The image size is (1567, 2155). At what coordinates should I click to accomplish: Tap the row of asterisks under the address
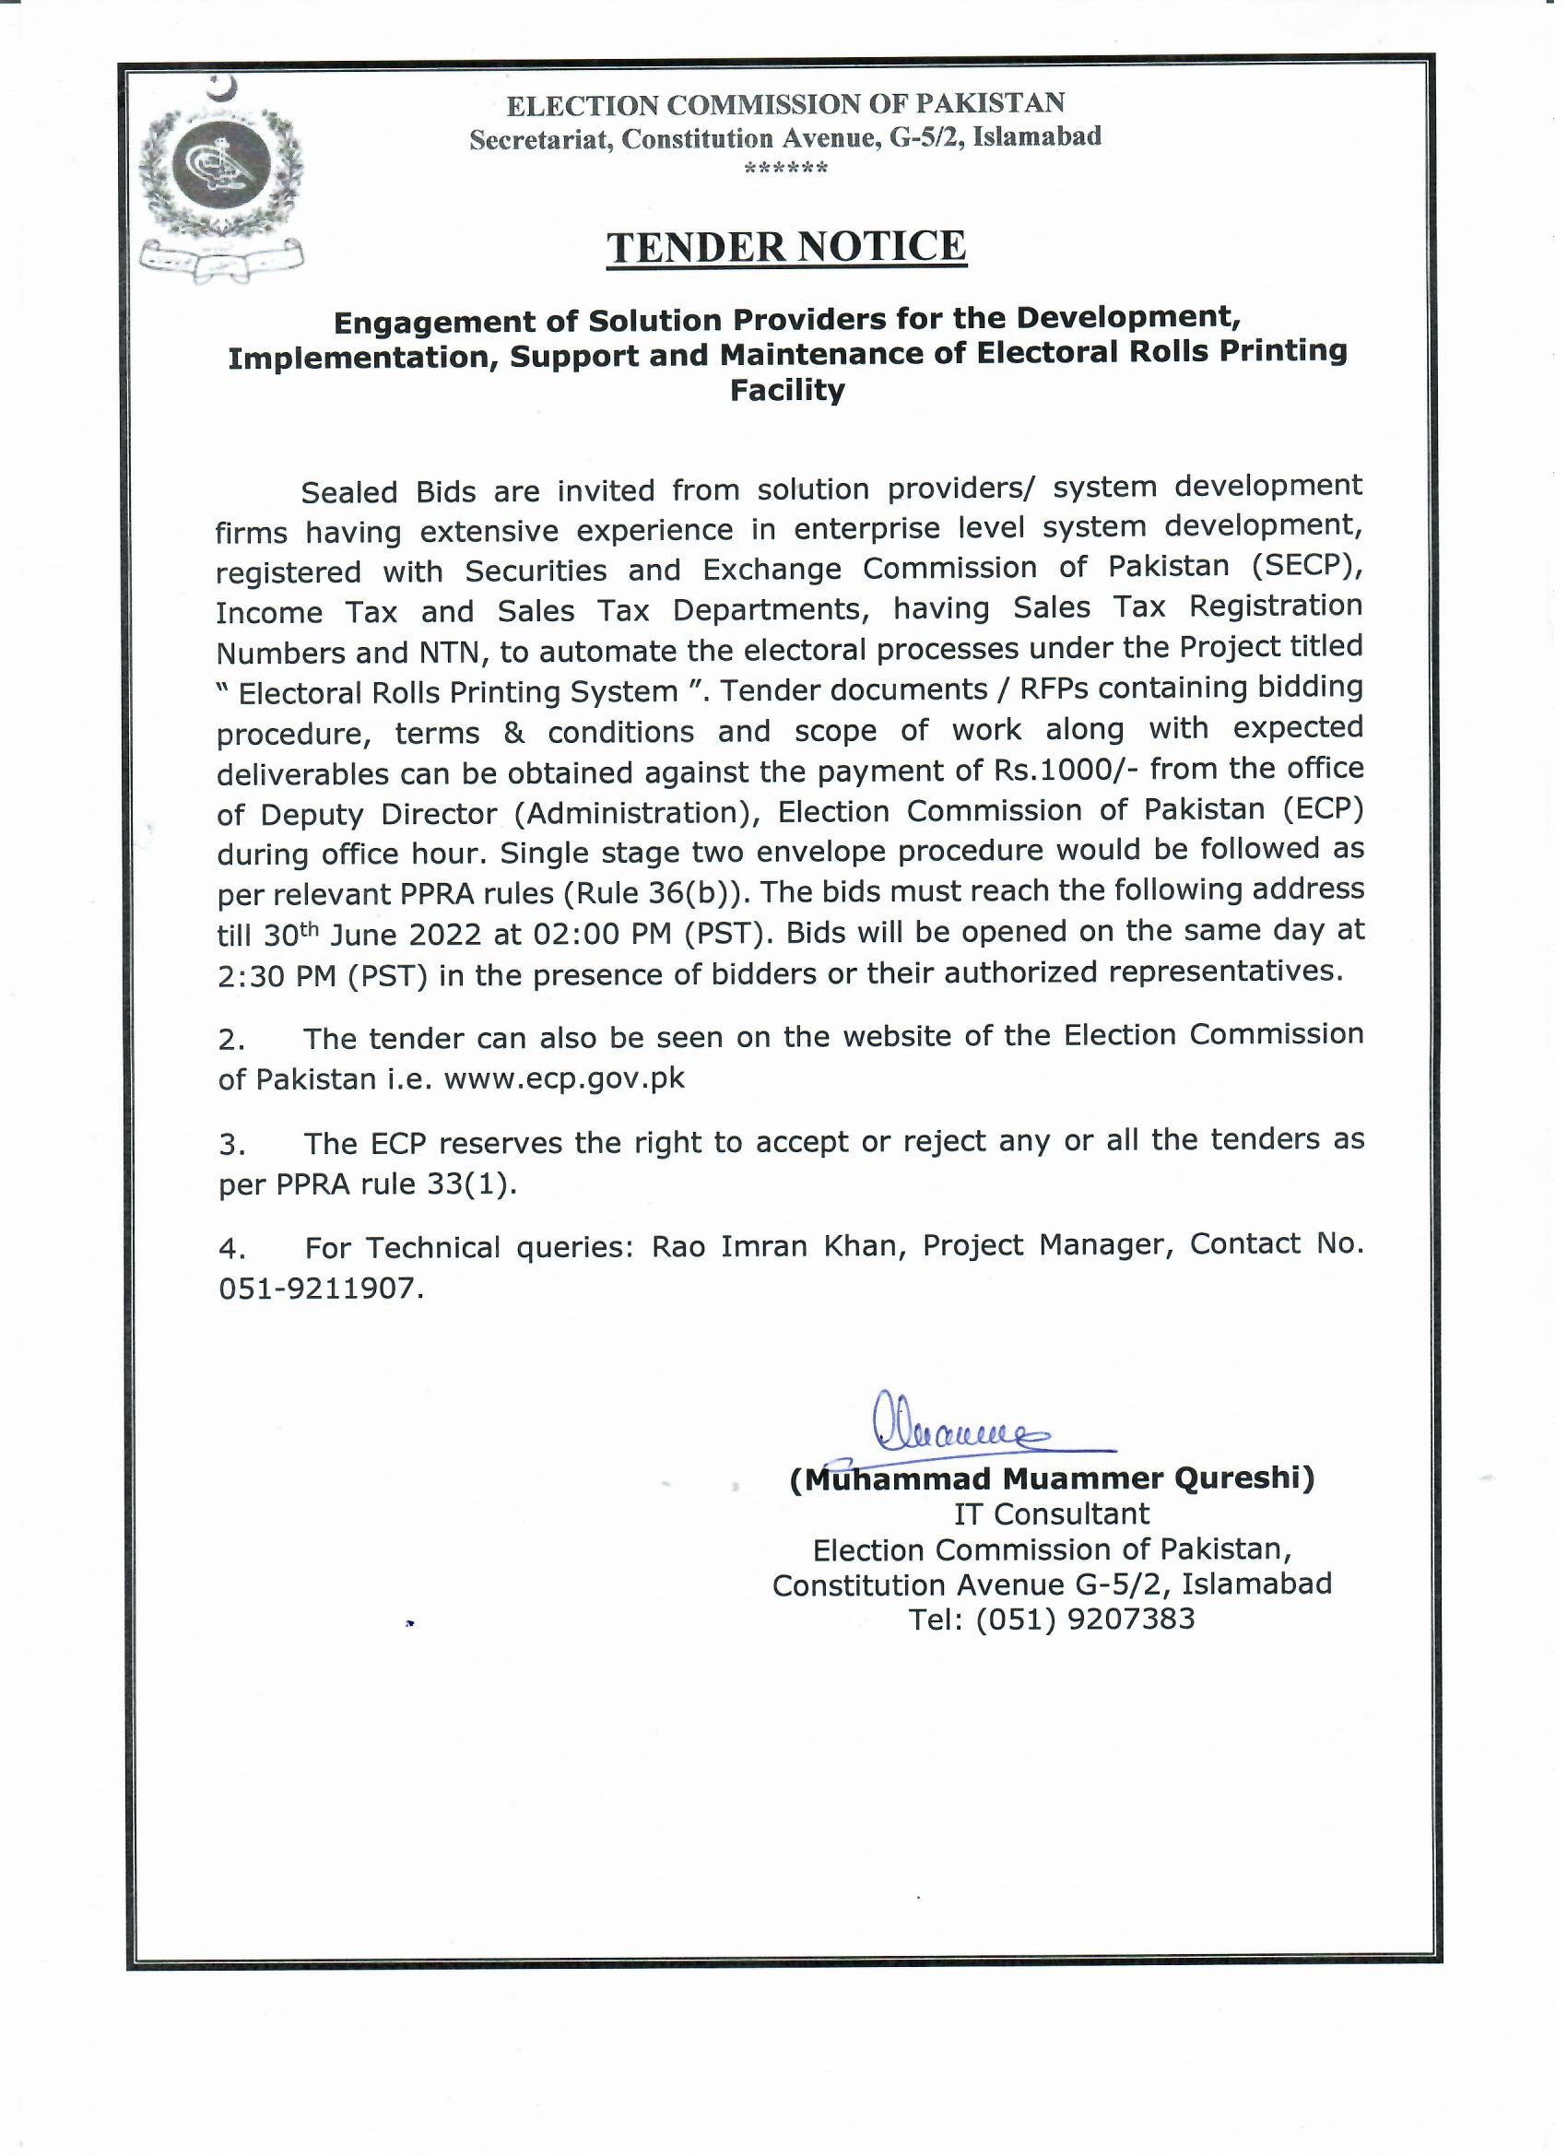click(x=786, y=169)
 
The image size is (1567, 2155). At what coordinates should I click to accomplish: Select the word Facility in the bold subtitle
click(x=787, y=391)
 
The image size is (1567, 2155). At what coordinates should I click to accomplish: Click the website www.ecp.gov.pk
click(x=564, y=1079)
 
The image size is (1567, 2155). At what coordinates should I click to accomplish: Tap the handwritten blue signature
click(x=952, y=1433)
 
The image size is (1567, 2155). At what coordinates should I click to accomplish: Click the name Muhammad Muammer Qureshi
click(x=1052, y=1478)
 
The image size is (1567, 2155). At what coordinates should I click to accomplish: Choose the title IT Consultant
click(x=1052, y=1513)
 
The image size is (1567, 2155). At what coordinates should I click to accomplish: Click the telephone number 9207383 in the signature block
click(x=1131, y=1619)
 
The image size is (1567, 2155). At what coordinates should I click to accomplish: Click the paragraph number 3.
click(x=231, y=1145)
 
